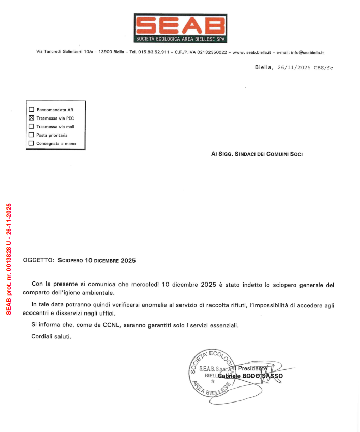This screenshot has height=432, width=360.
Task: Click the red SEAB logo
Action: click(180, 28)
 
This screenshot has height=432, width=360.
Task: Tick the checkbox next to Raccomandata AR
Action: click(32, 110)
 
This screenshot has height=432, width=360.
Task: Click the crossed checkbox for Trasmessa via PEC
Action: click(32, 118)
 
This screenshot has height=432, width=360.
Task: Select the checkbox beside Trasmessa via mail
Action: click(32, 126)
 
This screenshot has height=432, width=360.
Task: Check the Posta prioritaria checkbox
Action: click(32, 135)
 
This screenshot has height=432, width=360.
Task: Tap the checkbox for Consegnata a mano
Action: click(32, 143)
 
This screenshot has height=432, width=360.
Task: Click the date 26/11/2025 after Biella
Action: click(294, 67)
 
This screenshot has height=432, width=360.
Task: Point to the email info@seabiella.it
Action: click(307, 52)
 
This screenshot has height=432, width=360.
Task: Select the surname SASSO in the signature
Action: click(274, 376)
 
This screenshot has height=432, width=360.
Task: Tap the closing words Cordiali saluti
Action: click(51, 337)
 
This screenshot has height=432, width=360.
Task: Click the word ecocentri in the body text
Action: click(44, 314)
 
